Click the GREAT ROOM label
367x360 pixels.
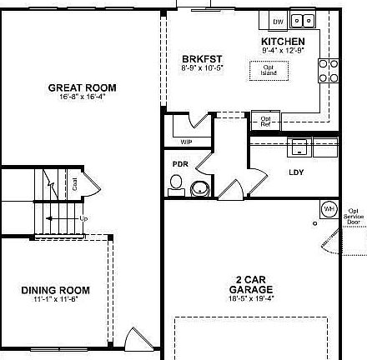(82, 87)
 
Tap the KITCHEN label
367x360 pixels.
(283, 42)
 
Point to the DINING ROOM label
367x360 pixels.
(56, 290)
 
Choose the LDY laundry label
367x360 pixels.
(296, 172)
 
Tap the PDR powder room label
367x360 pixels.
(179, 164)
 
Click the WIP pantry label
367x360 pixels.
(186, 142)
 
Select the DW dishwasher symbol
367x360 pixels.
(279, 21)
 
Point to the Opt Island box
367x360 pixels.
(268, 70)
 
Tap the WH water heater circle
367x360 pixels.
(329, 207)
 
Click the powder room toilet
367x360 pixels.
(199, 188)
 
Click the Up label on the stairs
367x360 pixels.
(83, 218)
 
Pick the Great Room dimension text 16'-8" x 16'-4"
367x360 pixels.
(82, 97)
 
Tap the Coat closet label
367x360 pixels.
(75, 183)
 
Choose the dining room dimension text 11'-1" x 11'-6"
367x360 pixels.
(56, 299)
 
